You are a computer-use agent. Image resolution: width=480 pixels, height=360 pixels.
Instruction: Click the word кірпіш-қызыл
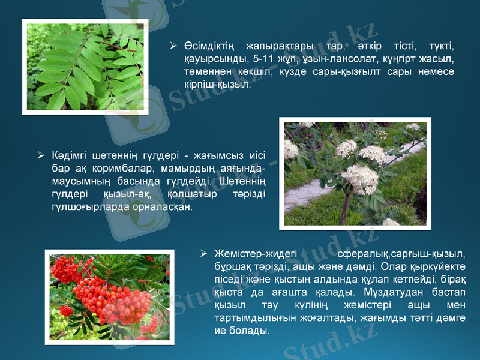tap(217, 85)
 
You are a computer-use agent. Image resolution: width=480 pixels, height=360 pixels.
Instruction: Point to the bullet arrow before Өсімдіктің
tap(173, 46)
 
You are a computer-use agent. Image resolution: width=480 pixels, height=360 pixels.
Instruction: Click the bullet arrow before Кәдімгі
tap(40, 155)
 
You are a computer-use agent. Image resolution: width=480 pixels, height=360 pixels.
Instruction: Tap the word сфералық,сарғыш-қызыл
tap(401, 254)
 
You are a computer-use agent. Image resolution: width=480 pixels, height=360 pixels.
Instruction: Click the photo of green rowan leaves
tap(85, 66)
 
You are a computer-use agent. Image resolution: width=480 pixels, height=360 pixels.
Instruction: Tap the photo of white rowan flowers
tap(355, 173)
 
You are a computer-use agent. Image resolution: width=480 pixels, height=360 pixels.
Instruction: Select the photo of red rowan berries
tap(110, 296)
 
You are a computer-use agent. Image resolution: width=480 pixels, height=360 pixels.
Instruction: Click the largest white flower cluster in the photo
tap(359, 178)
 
